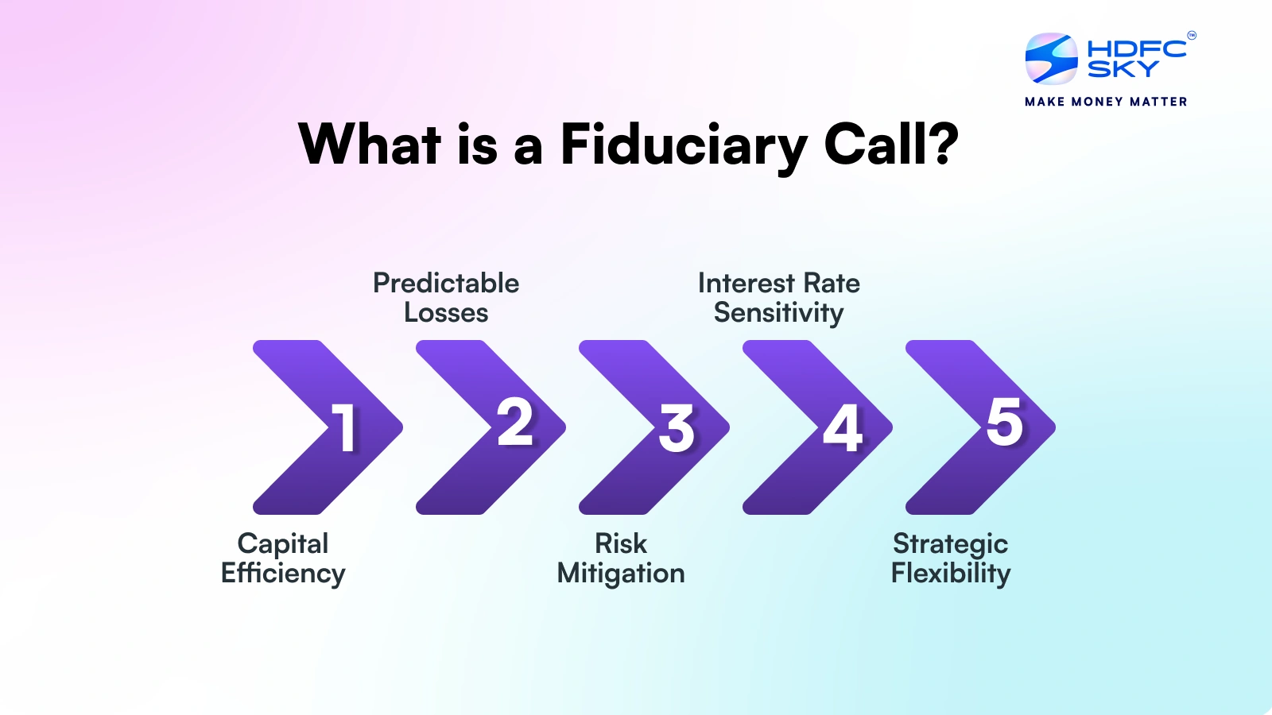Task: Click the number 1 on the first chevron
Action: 344,427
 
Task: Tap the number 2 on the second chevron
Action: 515,422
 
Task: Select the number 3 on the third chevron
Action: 677,428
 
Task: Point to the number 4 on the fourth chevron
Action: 843,428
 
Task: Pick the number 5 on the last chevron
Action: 1005,422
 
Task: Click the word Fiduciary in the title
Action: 684,145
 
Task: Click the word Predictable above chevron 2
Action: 446,283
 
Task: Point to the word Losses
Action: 446,313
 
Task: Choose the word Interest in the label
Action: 746,283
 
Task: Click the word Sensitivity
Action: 778,314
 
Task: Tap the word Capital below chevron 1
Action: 283,544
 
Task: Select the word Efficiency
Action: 283,574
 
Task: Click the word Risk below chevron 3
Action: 621,544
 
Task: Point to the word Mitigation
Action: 621,574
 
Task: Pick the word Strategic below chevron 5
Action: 950,545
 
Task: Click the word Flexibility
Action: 951,574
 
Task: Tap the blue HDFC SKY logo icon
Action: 1051,59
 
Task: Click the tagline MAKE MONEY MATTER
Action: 1106,102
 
